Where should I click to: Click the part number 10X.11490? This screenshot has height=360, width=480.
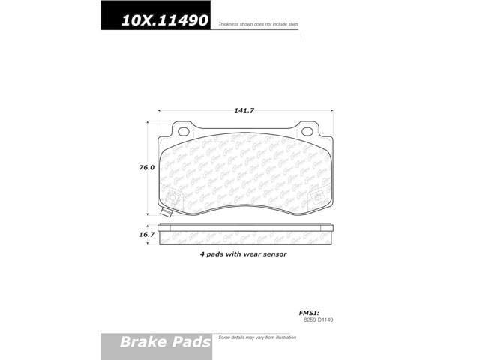155,22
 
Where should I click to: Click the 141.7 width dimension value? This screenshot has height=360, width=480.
244,110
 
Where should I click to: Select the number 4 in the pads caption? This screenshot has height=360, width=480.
202,254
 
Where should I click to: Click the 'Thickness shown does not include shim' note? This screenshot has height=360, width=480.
259,25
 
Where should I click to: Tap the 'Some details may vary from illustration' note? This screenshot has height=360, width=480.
258,338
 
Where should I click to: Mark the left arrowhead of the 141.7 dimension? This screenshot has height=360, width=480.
159,110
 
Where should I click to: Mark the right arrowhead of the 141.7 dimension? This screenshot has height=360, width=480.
331,110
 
